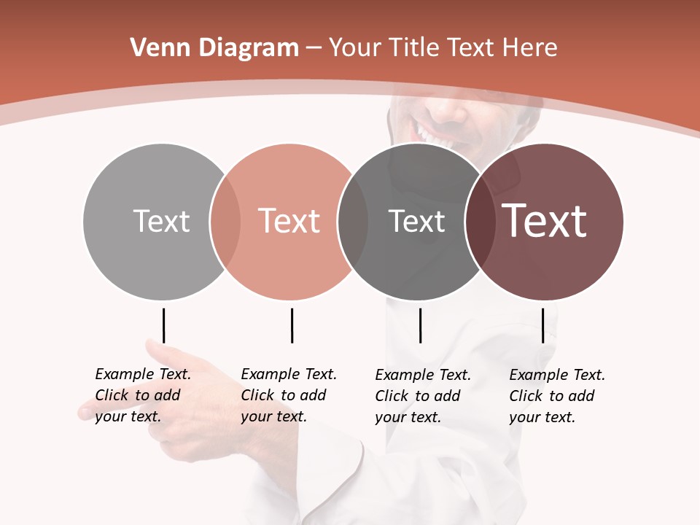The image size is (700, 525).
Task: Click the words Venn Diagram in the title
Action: click(x=214, y=48)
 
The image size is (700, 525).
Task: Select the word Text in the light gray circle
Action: click(x=161, y=221)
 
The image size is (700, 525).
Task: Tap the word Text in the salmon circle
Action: click(x=289, y=221)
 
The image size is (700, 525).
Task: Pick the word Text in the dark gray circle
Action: click(x=416, y=221)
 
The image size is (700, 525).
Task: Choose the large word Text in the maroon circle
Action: click(x=545, y=221)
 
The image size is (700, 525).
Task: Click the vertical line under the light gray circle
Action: click(x=163, y=325)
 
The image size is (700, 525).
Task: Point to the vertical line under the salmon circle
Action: click(x=292, y=325)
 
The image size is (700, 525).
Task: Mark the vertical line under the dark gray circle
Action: click(x=420, y=325)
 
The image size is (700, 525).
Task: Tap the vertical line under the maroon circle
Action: click(x=542, y=325)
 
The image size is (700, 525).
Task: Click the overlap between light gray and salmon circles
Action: click(x=225, y=221)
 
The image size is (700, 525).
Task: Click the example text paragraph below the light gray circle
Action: click(x=143, y=395)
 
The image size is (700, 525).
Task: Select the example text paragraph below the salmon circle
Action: click(x=289, y=395)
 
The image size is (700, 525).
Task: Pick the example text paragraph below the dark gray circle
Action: click(x=423, y=396)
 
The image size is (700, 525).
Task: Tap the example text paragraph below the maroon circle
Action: click(x=557, y=396)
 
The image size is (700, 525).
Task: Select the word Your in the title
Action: click(x=354, y=48)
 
